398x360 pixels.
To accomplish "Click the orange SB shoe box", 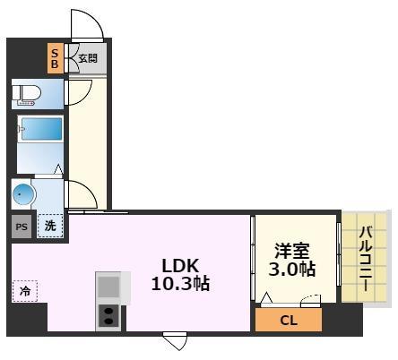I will tap(55, 60).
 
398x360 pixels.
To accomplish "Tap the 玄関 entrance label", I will tap(86, 60).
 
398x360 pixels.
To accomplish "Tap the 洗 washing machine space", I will tap(51, 227).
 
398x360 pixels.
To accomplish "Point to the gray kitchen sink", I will tap(108, 287).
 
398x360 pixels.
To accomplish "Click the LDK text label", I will tap(182, 266).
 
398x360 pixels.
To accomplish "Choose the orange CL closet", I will tap(289, 320).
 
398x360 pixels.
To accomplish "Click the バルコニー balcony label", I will tap(367, 256).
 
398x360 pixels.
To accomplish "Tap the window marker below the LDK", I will tap(175, 341).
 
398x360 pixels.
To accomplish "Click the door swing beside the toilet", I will tap(81, 90).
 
